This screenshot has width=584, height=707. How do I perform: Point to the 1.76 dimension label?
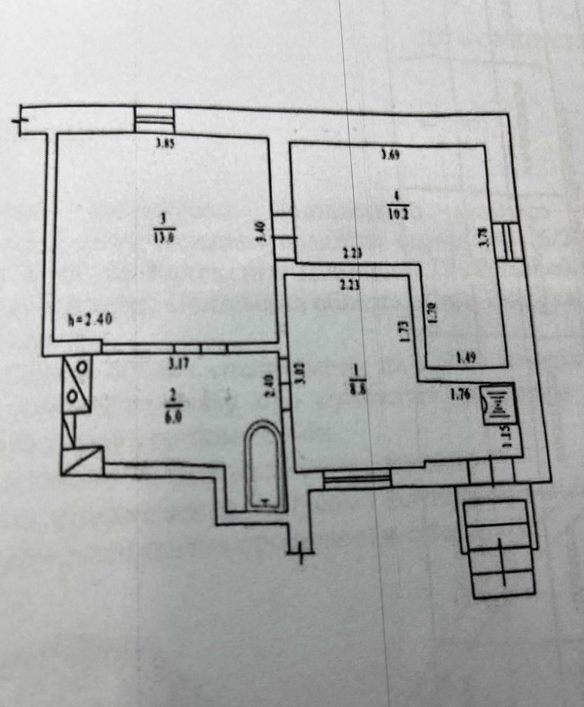tap(461, 394)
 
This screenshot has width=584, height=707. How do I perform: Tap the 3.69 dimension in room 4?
tap(389, 154)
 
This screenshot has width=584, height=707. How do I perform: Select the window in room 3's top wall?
tap(155, 119)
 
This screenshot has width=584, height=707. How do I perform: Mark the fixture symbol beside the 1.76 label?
tap(498, 402)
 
